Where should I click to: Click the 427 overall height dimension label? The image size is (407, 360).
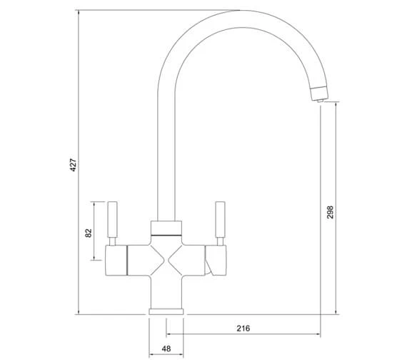tap(74, 165)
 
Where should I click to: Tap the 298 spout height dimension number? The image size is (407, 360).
tap(330, 212)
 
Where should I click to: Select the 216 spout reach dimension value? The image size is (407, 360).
tap(243, 329)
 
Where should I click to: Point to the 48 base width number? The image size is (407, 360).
tap(166, 349)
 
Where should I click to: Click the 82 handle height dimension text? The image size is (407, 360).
tap(89, 233)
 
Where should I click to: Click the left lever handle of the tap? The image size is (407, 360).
tap(112, 219)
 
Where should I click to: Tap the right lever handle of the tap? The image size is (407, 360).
tap(220, 219)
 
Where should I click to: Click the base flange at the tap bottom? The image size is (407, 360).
tap(166, 311)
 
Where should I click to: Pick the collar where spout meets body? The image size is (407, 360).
tap(166, 228)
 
